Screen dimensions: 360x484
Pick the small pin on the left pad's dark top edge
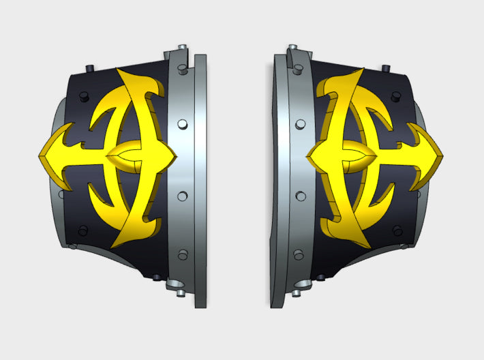coord(91,67)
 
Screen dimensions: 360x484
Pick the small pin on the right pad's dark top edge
coord(386,67)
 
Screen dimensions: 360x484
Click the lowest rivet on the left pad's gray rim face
coord(182,255)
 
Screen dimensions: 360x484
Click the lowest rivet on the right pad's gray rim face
coord(297,255)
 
